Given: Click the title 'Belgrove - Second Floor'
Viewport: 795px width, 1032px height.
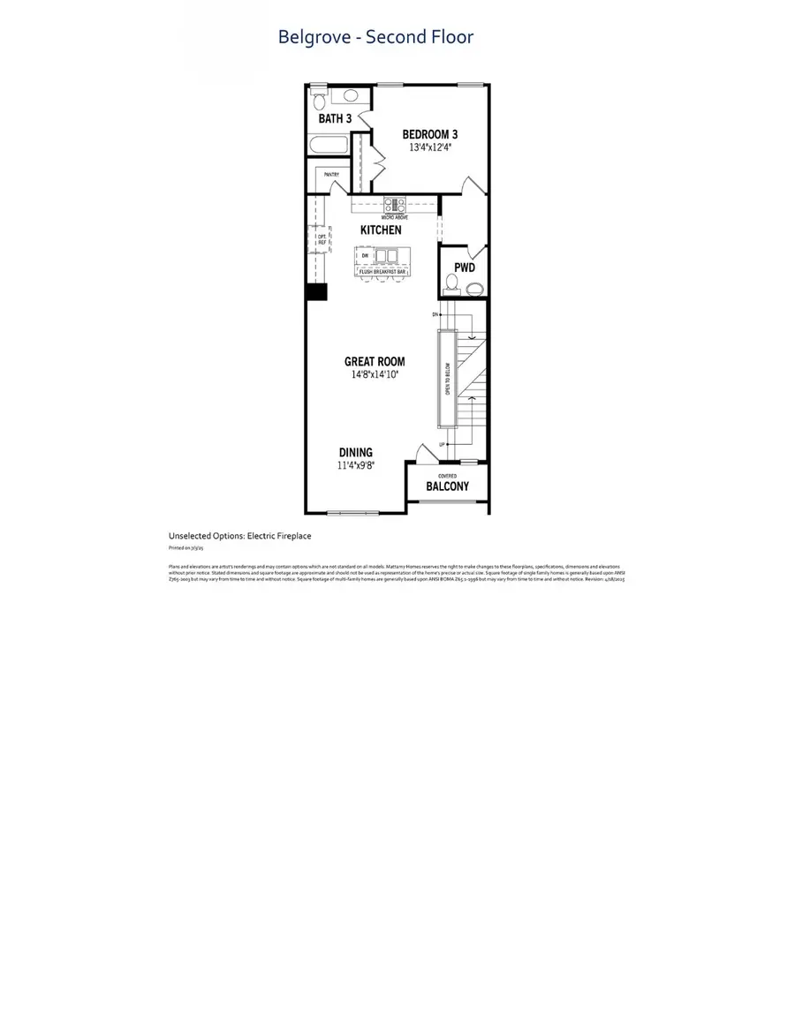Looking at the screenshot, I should tap(375, 37).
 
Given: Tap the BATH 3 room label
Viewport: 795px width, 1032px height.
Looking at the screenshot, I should tap(336, 118).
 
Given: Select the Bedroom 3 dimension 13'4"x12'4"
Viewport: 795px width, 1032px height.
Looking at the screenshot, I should tap(430, 147).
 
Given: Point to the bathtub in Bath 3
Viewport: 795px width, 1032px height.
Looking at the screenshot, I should tap(328, 146).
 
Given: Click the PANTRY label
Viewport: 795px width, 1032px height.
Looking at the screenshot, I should tap(331, 175).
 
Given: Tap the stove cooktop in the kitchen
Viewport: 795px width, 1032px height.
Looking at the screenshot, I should tap(394, 205).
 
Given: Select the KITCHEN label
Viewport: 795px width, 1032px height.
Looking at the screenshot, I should tap(381, 230).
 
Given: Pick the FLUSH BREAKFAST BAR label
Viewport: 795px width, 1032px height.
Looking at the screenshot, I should tap(382, 271).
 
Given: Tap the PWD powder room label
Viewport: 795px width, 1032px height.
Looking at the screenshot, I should tap(465, 266).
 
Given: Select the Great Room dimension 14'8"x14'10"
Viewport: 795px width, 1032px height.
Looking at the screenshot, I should tap(375, 374).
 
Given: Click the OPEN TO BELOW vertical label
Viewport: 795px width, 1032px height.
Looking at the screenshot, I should tap(446, 380).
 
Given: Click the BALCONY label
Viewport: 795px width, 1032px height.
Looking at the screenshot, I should tap(447, 486).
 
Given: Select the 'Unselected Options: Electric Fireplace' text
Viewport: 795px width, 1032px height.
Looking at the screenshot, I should tap(239, 536).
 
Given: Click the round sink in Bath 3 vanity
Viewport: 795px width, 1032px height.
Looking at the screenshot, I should tap(350, 95).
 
